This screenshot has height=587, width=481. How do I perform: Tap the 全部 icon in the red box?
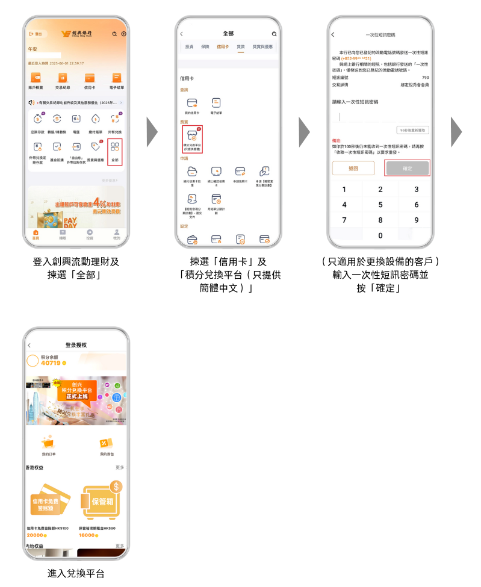tap(115, 148)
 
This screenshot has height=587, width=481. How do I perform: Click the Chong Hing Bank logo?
tap(76, 34)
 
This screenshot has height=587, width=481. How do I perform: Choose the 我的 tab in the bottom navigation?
tap(116, 234)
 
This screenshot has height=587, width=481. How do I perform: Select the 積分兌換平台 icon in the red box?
tap(192, 138)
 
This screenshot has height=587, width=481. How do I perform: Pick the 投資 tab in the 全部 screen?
tap(190, 46)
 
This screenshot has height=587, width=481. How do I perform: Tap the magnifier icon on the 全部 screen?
tap(274, 34)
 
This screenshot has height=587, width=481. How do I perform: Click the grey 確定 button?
tap(408, 168)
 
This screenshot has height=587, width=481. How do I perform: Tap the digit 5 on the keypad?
tap(380, 205)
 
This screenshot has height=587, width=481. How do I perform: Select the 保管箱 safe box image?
tap(101, 500)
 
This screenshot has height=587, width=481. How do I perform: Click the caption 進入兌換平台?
tap(76, 574)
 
